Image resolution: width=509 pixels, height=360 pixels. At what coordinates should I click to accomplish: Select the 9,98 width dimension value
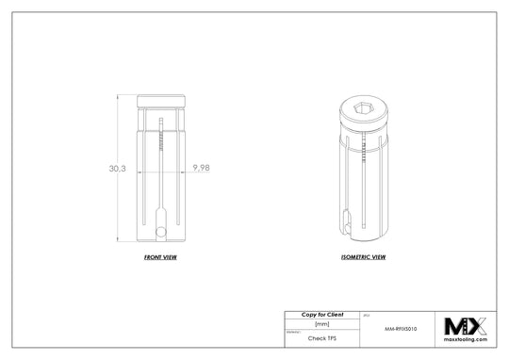tap(201, 167)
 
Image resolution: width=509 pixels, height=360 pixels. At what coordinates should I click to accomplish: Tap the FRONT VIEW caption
tap(161, 256)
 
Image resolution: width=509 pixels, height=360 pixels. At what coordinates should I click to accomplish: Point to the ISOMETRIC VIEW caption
tap(362, 256)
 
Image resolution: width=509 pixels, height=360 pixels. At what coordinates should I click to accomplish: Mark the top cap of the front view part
tap(161, 102)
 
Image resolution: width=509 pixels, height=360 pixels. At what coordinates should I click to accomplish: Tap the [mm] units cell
tap(320, 323)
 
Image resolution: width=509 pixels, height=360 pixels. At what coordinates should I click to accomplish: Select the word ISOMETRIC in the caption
tap(354, 256)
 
